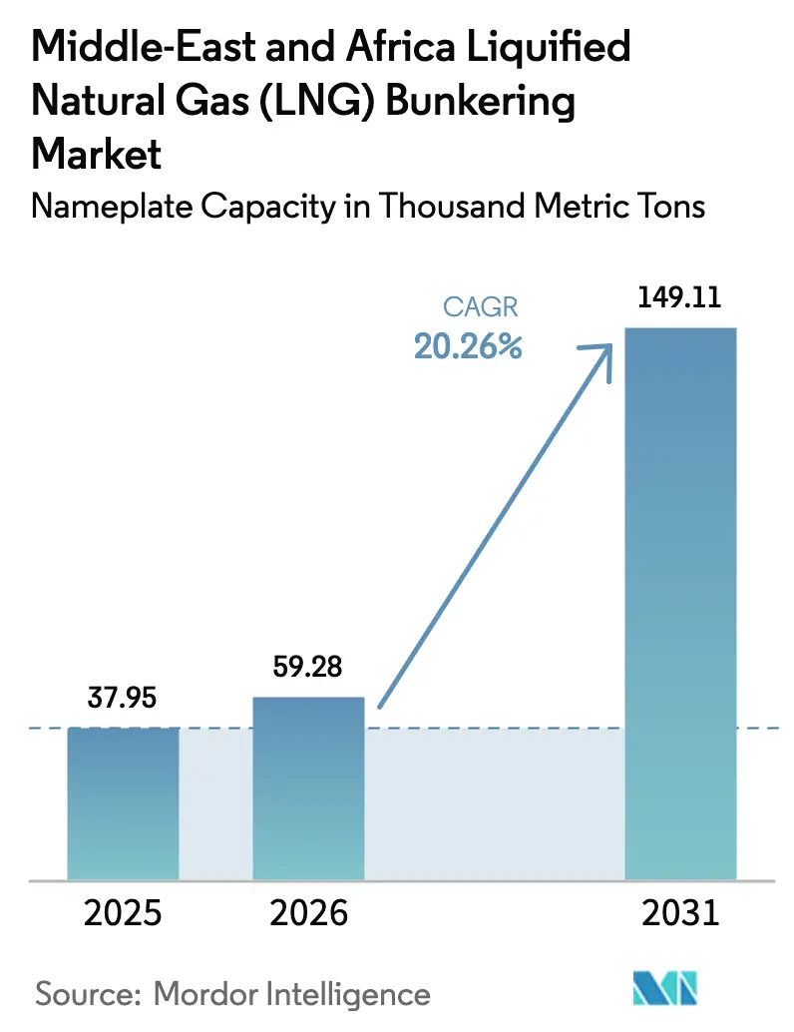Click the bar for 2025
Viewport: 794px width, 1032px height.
pyautogui.click(x=124, y=803)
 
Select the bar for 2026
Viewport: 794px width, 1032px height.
pyautogui.click(x=308, y=788)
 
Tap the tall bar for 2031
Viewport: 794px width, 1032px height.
pyautogui.click(x=679, y=604)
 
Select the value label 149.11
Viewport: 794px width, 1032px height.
pyautogui.click(x=679, y=298)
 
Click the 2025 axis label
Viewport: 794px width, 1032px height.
pyautogui.click(x=124, y=913)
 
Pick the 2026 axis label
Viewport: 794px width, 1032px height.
pyautogui.click(x=308, y=913)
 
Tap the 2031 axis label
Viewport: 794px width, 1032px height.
pyautogui.click(x=679, y=913)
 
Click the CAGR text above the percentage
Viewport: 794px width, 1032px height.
pyautogui.click(x=481, y=308)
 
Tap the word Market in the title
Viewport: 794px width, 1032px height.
pyautogui.click(x=97, y=155)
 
